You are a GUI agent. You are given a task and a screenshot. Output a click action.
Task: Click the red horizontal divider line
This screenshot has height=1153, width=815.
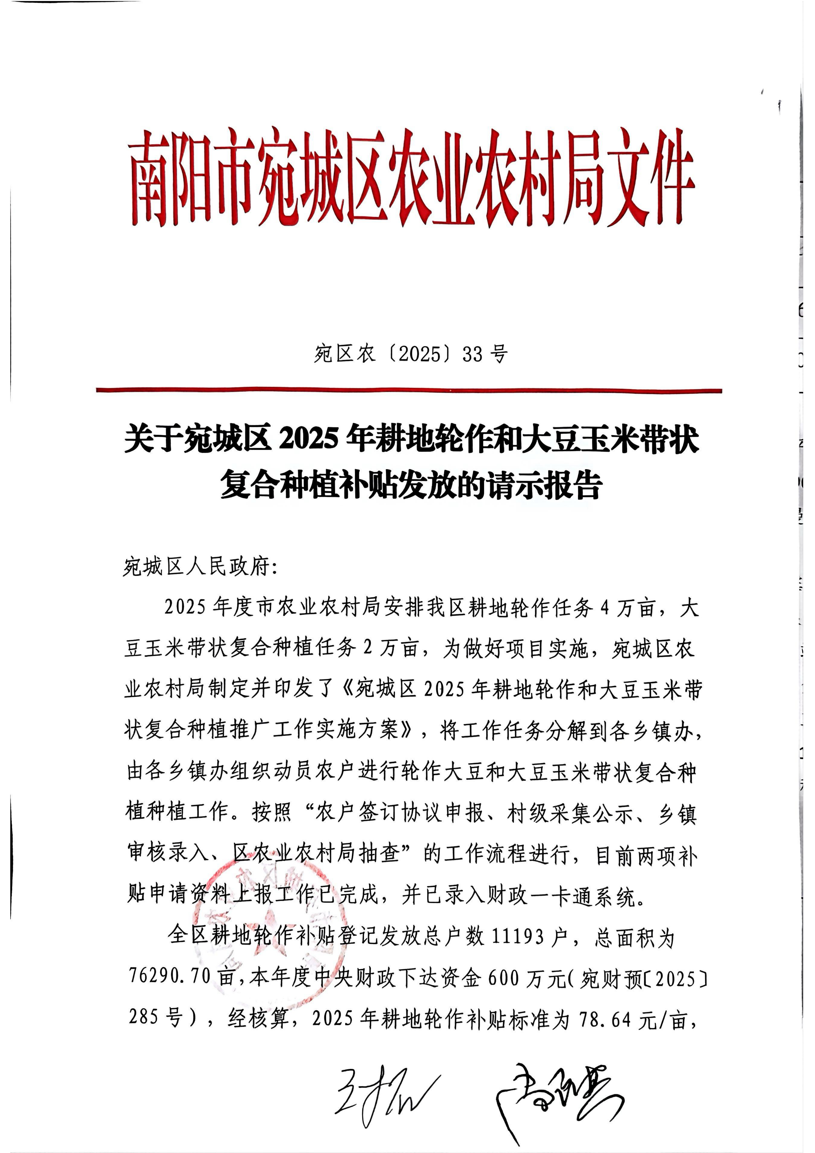[409, 390]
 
